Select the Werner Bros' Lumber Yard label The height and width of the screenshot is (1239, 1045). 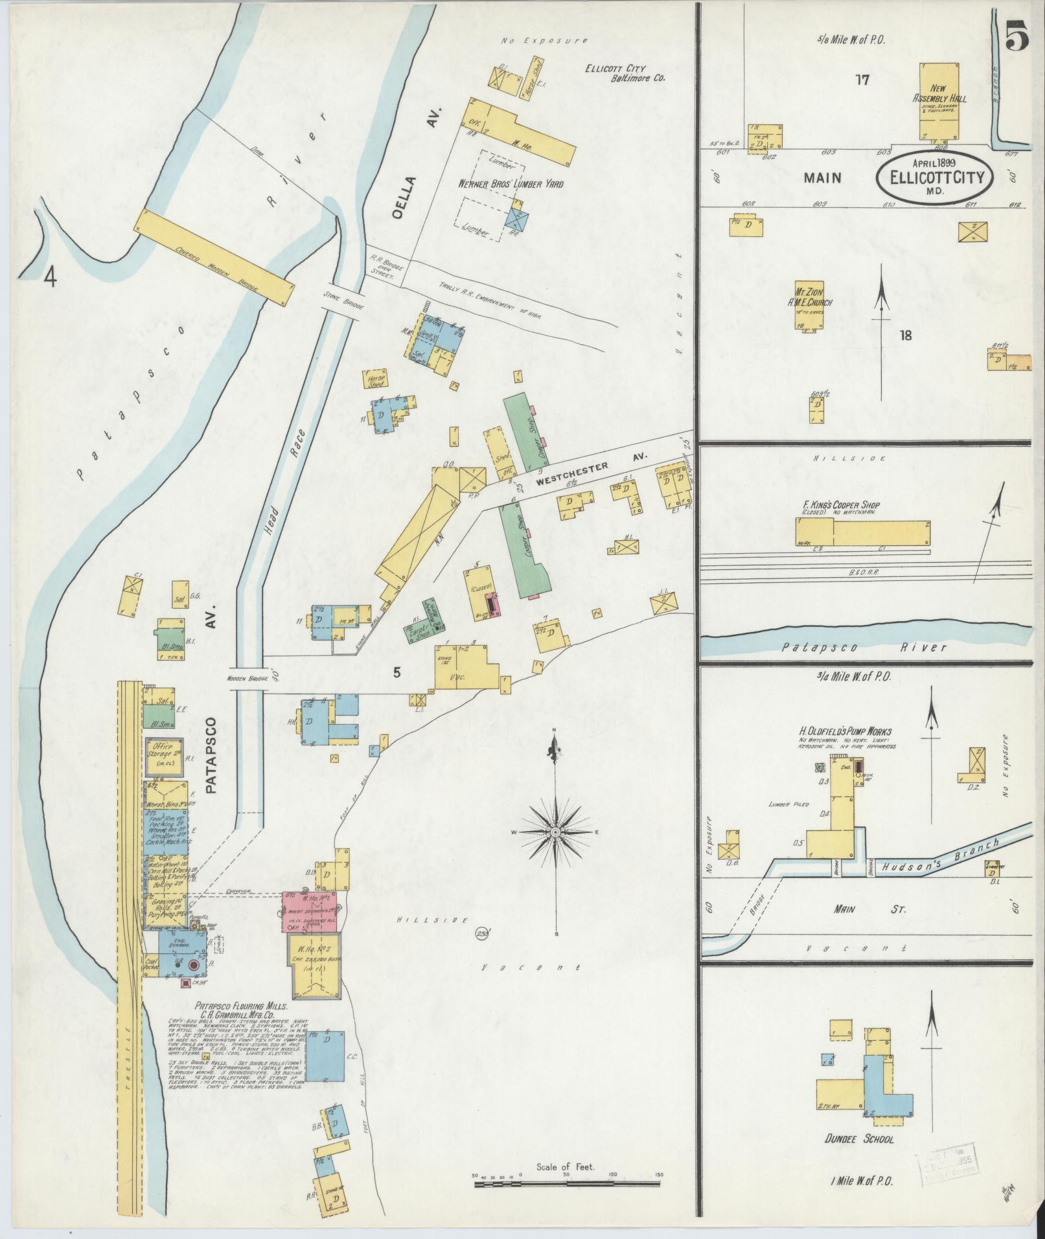(511, 184)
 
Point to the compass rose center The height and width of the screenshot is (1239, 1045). (556, 831)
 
